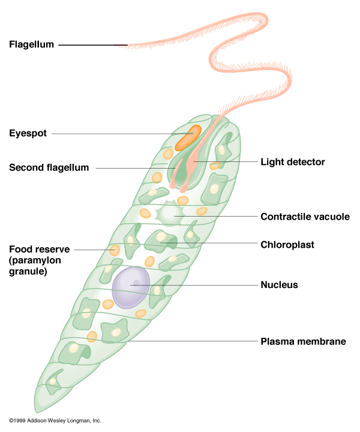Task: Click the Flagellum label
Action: (x=32, y=44)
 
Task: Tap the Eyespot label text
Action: (x=28, y=133)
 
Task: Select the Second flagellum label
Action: (x=49, y=168)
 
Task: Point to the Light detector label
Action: (x=292, y=162)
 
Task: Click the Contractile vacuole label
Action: (x=305, y=217)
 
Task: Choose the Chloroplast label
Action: (x=287, y=244)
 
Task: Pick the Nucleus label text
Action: (x=279, y=285)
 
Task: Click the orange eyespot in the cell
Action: (x=188, y=137)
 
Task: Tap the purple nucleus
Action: (x=131, y=287)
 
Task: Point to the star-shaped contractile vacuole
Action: (x=169, y=214)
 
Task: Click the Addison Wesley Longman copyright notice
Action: (x=55, y=421)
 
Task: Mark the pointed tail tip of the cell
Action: (x=37, y=407)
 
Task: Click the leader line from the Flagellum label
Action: (x=93, y=45)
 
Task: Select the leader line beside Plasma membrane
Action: (x=192, y=341)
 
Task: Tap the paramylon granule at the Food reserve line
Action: (x=114, y=249)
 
